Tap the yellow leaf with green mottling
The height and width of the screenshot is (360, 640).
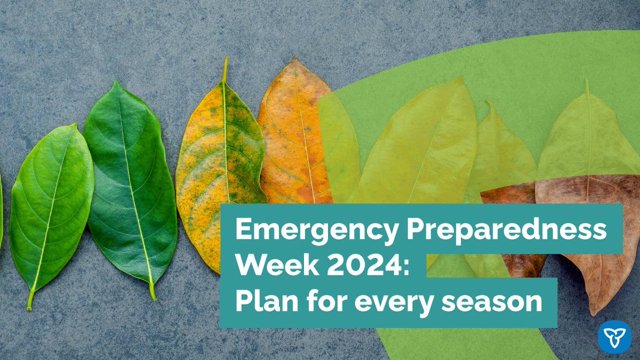click(x=219, y=171)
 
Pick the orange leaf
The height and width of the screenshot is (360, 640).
click(x=293, y=133)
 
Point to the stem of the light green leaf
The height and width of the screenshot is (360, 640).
click(x=30, y=301)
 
